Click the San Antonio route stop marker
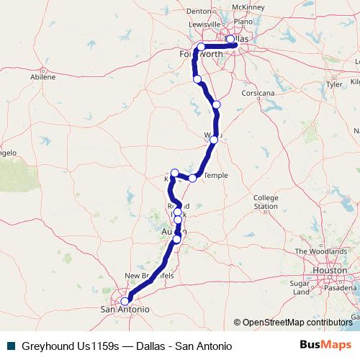click(x=125, y=301)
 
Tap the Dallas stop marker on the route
click(x=230, y=40)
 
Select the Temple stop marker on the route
click(x=192, y=178)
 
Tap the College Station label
click(x=265, y=202)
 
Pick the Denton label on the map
click(x=197, y=11)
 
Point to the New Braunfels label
click(x=149, y=276)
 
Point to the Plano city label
click(x=242, y=22)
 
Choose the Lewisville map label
click(x=204, y=24)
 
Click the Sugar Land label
click(x=300, y=288)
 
